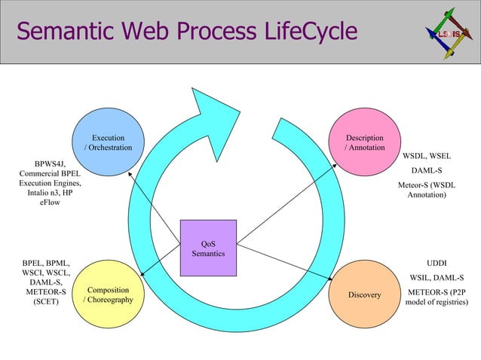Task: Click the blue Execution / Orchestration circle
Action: click(x=108, y=142)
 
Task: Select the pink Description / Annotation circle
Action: click(x=364, y=142)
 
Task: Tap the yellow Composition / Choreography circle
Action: click(x=108, y=294)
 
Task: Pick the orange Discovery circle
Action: click(x=364, y=294)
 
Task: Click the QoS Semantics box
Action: click(x=208, y=249)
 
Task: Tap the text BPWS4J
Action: click(x=50, y=163)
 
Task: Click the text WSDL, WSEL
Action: click(x=427, y=156)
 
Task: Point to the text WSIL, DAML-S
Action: click(x=436, y=277)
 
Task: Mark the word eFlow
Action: click(x=50, y=202)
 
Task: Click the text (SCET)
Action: click(x=46, y=301)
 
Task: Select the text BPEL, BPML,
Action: click(x=46, y=263)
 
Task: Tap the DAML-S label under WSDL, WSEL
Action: click(x=427, y=171)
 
